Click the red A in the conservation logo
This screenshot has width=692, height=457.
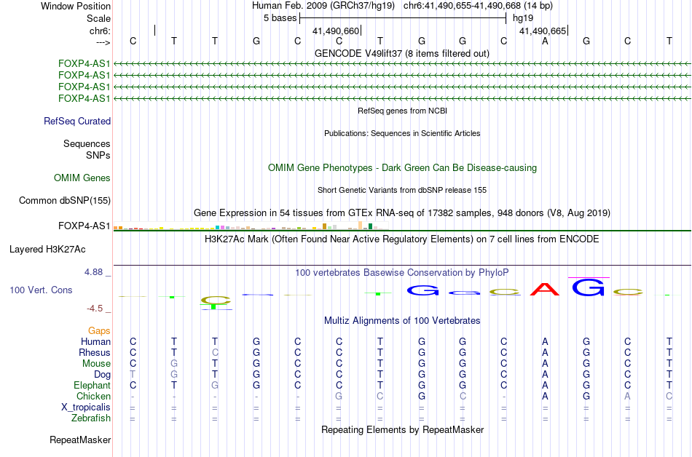pos(545,289)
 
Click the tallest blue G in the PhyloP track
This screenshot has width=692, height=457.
pos(589,287)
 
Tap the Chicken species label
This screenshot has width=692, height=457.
pos(93,396)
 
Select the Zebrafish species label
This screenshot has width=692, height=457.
pos(91,418)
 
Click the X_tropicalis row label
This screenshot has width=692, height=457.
pos(86,408)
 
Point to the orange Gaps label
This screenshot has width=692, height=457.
pos(99,330)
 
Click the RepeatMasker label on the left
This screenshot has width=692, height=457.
pos(80,440)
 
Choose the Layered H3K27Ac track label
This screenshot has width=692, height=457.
pos(47,250)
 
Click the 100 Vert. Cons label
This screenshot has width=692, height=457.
pos(41,290)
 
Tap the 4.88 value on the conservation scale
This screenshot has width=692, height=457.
pos(93,272)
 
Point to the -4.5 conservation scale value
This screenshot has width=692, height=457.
pos(95,308)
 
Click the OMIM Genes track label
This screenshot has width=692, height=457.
pos(82,178)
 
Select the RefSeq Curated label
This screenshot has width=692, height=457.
pos(77,122)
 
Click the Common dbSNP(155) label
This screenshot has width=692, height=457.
pos(65,201)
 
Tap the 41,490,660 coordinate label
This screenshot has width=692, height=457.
pos(336,31)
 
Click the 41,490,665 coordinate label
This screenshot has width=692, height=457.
pos(543,31)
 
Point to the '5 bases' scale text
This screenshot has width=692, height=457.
pos(280,18)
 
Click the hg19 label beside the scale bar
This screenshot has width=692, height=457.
pos(523,18)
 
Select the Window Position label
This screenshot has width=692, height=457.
pos(76,6)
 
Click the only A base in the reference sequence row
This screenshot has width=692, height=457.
pos(545,41)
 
